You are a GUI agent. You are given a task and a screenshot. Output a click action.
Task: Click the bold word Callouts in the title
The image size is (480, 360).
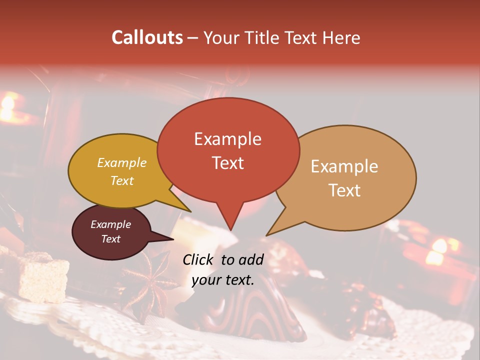pyautogui.click(x=147, y=37)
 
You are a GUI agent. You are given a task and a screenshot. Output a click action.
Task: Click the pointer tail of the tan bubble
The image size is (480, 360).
pyautogui.click(x=269, y=233)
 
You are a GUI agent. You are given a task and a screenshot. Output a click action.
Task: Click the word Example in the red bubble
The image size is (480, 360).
pyautogui.click(x=227, y=139)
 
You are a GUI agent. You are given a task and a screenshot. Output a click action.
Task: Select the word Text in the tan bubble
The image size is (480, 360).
pyautogui.click(x=345, y=190)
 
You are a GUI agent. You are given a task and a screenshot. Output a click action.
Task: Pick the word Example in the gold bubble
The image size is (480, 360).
pyautogui.click(x=122, y=163)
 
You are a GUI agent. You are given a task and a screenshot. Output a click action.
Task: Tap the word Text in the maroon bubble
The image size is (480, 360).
pyautogui.click(x=111, y=239)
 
